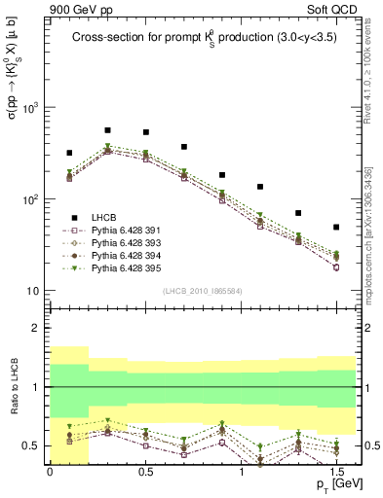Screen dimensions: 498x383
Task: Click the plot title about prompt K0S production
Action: point(203,39)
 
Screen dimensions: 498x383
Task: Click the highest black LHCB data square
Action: point(107,129)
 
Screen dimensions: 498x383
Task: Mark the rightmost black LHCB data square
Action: point(336,227)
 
